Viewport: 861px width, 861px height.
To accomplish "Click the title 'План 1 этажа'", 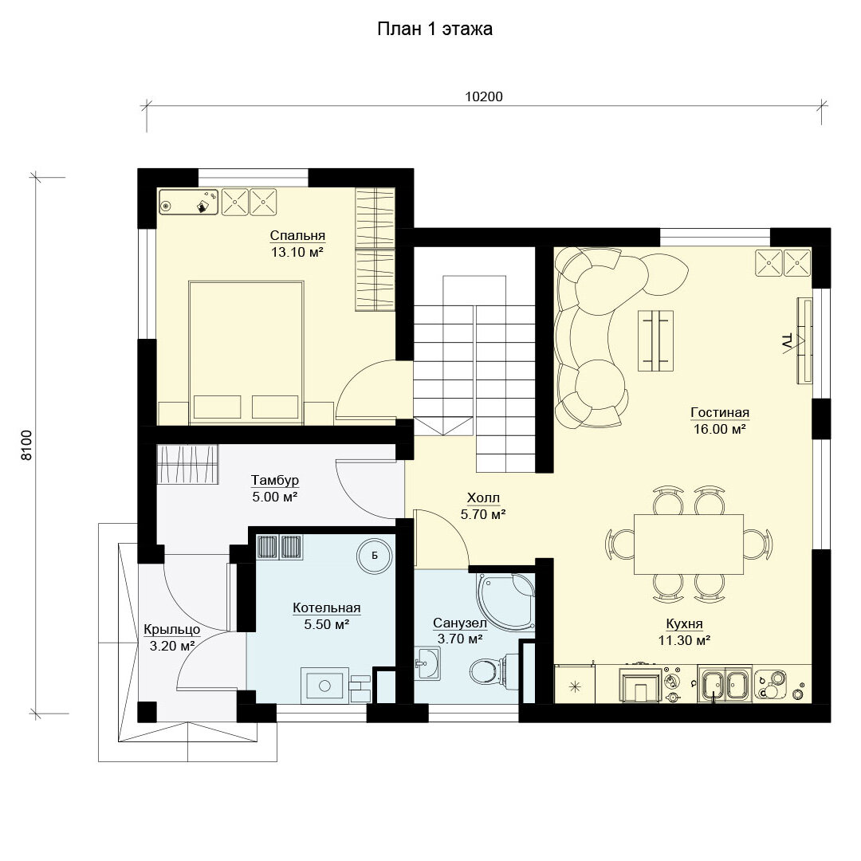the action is [x=434, y=29].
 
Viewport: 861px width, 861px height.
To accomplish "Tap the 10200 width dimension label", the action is [x=484, y=96].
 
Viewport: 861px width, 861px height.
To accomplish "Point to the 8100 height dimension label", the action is [x=26, y=445].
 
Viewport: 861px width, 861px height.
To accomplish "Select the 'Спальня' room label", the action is [x=297, y=235].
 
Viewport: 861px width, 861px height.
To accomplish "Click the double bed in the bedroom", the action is [x=246, y=352].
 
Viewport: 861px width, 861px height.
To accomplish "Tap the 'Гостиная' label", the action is [x=720, y=412].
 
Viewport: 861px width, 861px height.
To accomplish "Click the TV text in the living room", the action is [x=786, y=341].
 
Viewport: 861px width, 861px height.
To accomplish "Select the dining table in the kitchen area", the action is [x=689, y=545].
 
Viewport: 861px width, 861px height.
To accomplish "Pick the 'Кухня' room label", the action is [x=684, y=623].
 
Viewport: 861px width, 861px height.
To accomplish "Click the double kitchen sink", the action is [x=725, y=684].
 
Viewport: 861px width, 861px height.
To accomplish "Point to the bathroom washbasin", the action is [x=427, y=663].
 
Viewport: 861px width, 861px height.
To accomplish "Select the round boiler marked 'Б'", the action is [x=375, y=556].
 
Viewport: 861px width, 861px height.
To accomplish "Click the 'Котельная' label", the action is [x=327, y=607].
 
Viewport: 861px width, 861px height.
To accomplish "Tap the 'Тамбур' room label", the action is [x=275, y=480].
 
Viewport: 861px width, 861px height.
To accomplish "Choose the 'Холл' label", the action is [x=483, y=498].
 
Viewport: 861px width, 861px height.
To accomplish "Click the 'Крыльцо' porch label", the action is [x=172, y=629].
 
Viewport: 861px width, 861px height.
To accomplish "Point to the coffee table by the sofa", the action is [x=655, y=340].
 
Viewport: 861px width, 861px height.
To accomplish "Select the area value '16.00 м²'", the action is [x=719, y=429].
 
